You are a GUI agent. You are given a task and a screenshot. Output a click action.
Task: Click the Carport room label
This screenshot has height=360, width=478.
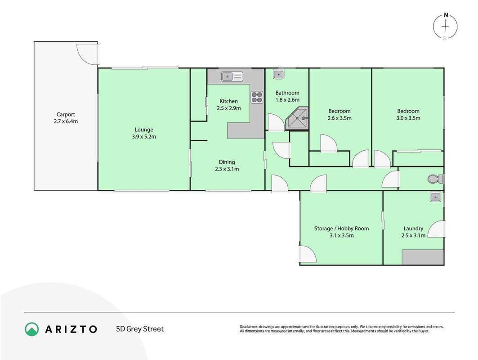pyautogui.click(x=66, y=114)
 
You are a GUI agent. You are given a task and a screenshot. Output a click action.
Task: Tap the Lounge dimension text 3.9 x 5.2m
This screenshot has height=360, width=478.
pyautogui.click(x=144, y=137)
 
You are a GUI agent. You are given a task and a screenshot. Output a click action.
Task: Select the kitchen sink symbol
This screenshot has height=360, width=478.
pyautogui.click(x=232, y=76)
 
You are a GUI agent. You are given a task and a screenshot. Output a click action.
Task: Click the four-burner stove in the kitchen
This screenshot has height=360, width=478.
pyautogui.click(x=257, y=97)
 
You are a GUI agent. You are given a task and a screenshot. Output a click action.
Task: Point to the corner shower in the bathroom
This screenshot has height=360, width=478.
pyautogui.click(x=298, y=118)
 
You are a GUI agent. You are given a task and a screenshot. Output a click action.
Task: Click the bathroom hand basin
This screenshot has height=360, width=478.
pyautogui.click(x=279, y=74)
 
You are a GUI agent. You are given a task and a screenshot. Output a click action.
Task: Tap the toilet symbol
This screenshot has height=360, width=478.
pyautogui.click(x=435, y=179)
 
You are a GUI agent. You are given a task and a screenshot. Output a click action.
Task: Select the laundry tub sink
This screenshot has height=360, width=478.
pyautogui.click(x=436, y=197)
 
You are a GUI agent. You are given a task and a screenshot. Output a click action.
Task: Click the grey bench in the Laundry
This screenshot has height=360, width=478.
pyautogui.click(x=423, y=257)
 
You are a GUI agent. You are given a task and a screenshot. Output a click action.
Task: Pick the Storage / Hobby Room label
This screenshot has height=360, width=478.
pyautogui.click(x=341, y=229)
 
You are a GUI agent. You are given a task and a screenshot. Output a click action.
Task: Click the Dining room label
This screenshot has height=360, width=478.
pyautogui.click(x=227, y=162)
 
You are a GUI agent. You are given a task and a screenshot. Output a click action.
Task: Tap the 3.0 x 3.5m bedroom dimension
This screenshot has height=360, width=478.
pyautogui.click(x=408, y=118)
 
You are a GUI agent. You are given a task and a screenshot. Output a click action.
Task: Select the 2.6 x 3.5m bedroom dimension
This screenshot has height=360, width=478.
pyautogui.click(x=340, y=118)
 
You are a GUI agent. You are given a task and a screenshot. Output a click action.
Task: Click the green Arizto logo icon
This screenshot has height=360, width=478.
pyautogui.click(x=32, y=329)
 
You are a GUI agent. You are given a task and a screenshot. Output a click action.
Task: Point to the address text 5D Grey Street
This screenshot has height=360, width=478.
pyautogui.click(x=140, y=329)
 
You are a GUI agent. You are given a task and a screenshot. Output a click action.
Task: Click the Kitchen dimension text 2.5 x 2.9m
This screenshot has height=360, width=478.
pyautogui.click(x=228, y=108)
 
